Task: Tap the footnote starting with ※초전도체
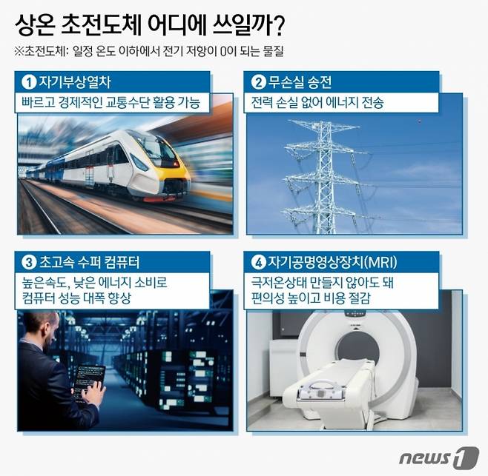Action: point(149,53)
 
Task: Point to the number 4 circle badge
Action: point(259,261)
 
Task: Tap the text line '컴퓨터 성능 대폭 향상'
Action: point(87,298)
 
